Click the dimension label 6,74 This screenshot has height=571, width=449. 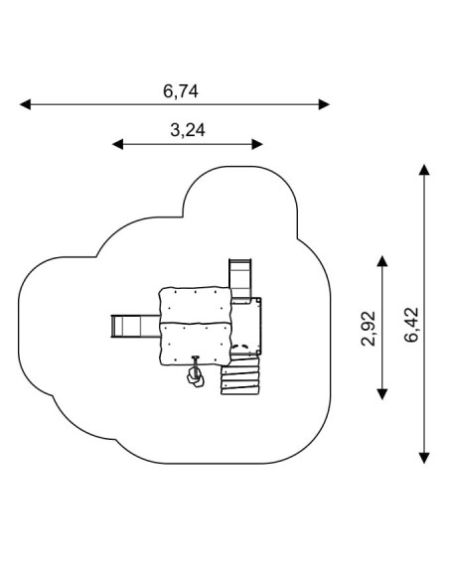[181, 91]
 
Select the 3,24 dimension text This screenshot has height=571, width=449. [188, 130]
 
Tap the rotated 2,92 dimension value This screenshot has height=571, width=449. [369, 329]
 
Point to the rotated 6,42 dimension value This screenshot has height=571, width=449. [411, 325]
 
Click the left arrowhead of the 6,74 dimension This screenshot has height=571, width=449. [25, 104]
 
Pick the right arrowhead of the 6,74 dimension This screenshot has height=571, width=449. [324, 104]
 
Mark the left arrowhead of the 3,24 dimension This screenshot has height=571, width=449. [117, 144]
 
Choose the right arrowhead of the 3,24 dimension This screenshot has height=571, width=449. [257, 144]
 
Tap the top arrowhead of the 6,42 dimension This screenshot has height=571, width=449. [424, 170]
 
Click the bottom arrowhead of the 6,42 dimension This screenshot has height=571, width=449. [424, 458]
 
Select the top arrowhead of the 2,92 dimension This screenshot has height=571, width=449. [382, 261]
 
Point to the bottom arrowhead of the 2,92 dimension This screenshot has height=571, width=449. [382, 394]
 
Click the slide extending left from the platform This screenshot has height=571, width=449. [135, 327]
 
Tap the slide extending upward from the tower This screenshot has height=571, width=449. [240, 279]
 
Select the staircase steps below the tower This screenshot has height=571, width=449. [240, 375]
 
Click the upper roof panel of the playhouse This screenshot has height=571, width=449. [196, 306]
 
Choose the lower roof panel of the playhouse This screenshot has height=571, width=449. [196, 345]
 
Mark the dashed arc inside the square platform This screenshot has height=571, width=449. [239, 347]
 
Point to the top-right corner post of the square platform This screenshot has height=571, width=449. [259, 300]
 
